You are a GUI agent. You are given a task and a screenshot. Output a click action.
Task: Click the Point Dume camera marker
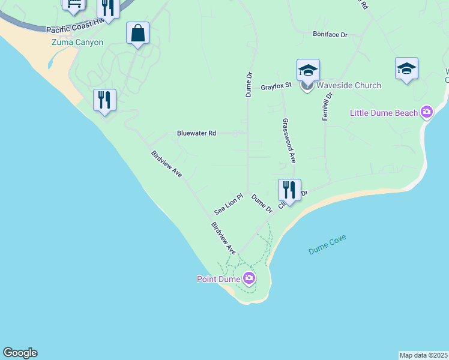249,278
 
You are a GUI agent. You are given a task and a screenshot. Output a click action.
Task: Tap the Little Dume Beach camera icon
427,112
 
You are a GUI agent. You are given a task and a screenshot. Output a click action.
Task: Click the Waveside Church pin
307,85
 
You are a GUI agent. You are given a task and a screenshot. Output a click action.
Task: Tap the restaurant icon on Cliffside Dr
289,190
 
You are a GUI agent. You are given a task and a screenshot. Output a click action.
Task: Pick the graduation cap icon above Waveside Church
308,70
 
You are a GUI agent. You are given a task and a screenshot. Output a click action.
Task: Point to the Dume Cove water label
327,245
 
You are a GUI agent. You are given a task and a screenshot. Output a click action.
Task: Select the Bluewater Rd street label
196,133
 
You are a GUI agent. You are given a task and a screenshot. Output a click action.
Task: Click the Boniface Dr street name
330,35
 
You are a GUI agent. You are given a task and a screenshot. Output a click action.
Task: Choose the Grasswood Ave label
288,140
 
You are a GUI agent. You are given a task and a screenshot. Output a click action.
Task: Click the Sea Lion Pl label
228,205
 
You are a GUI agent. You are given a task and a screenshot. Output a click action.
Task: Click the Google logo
20,353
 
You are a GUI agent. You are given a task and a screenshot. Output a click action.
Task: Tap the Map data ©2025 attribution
423,355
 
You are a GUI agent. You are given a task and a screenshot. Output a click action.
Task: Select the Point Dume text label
218,279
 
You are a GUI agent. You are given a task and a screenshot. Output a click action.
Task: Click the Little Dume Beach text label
384,112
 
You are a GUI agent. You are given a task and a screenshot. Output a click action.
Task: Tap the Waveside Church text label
349,85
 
